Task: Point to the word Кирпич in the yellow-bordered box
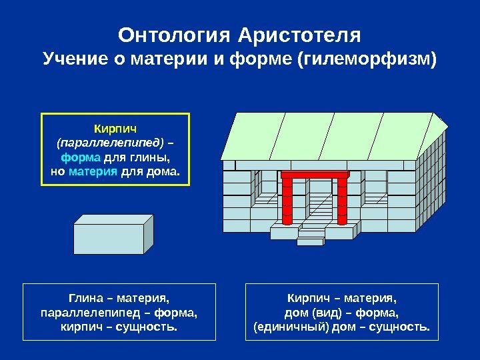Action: pyautogui.click(x=116, y=127)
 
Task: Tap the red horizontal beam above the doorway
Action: pyautogui.click(x=315, y=175)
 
